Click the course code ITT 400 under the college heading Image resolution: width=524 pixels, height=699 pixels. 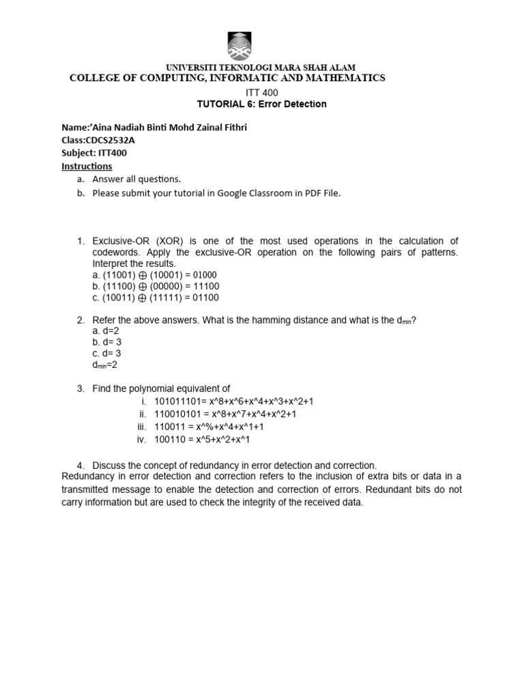[261, 92]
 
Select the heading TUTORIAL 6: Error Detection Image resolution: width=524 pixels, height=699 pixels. [261, 104]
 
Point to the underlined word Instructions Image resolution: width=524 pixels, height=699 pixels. [87, 166]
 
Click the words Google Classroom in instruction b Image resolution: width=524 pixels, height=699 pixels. [257, 193]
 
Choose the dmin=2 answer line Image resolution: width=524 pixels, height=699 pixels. [108, 365]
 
